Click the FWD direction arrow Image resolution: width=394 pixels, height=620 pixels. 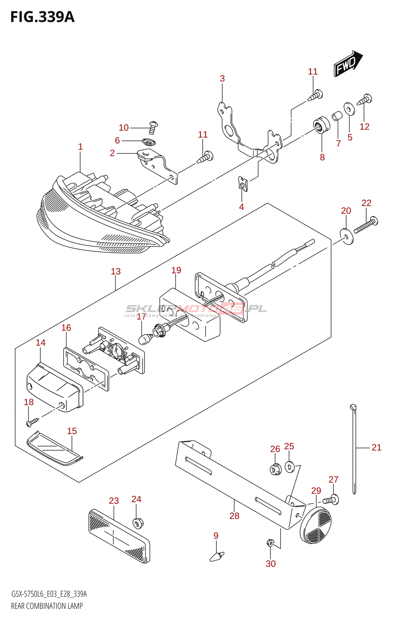point(347,64)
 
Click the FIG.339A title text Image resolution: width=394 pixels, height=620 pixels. point(42,17)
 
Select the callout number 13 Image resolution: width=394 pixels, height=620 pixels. point(116,271)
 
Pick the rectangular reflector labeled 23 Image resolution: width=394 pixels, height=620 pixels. point(119,536)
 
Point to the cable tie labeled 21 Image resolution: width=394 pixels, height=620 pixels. point(354,449)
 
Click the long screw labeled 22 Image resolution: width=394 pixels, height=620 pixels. point(365,225)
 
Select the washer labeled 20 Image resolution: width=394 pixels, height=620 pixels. point(346,236)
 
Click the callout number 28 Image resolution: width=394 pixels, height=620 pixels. point(234,516)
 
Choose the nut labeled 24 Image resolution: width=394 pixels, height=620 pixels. point(137,523)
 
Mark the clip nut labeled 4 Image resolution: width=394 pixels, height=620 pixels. point(243,184)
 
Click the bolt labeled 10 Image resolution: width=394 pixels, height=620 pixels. point(153,127)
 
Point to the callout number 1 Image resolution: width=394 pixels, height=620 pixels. point(80,146)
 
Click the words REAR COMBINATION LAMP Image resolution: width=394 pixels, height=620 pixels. point(47,606)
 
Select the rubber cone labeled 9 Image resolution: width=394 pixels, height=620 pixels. point(216,556)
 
